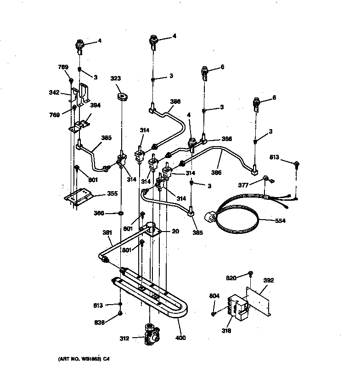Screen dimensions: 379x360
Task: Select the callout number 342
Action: tap(54, 93)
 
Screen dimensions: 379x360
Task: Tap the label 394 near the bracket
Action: tap(95, 105)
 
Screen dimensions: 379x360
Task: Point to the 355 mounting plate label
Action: tap(112, 193)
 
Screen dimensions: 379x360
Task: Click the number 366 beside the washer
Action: tap(99, 213)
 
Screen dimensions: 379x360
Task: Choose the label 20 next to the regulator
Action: tap(175, 232)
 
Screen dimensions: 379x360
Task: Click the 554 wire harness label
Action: tap(280, 221)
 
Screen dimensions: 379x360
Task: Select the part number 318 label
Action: tap(226, 330)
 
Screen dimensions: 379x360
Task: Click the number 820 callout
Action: tap(231, 278)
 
